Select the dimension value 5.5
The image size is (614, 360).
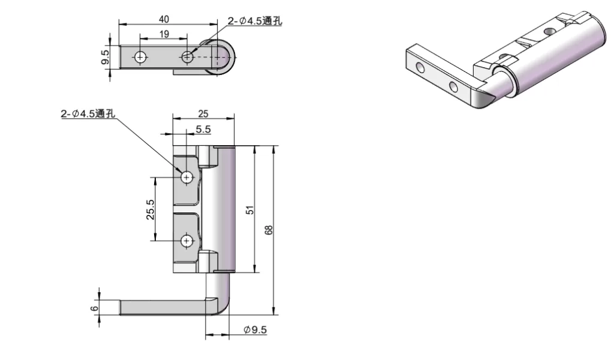coord(203,129)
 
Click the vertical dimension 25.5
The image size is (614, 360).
coord(151,209)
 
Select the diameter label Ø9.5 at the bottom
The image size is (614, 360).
coord(255,329)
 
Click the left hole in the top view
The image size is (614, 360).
coord(140,57)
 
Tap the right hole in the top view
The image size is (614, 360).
coord(187,57)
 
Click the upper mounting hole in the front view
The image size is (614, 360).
coord(187,177)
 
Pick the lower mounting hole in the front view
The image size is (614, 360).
coord(187,241)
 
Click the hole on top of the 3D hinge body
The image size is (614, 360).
coord(550,31)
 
